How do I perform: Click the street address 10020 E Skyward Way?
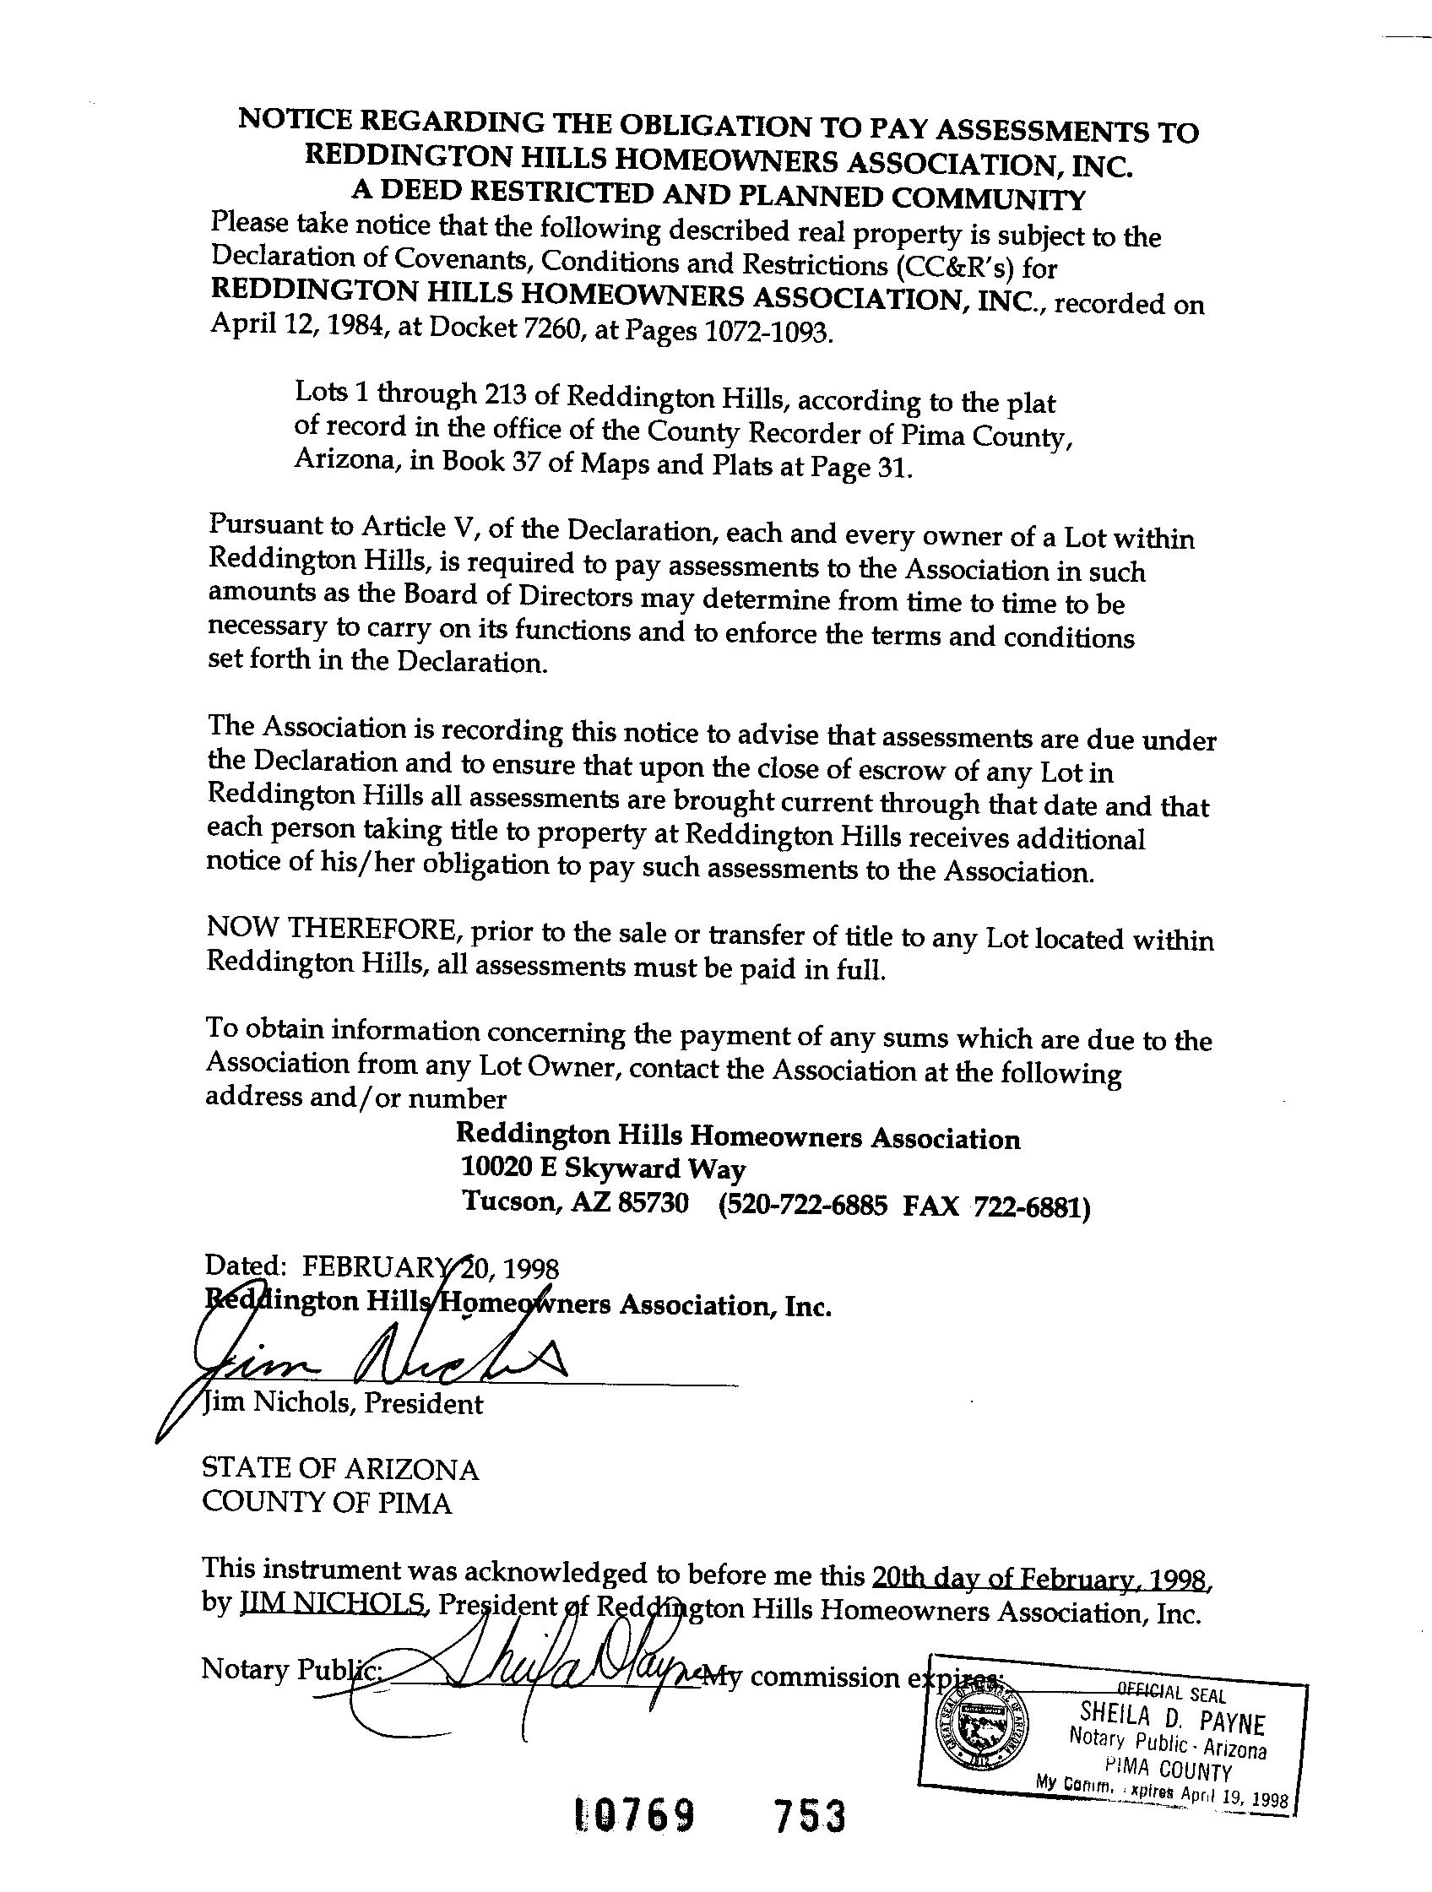coord(603,1168)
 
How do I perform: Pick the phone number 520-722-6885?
coord(805,1205)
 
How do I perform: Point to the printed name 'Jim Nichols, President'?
coord(342,1404)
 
